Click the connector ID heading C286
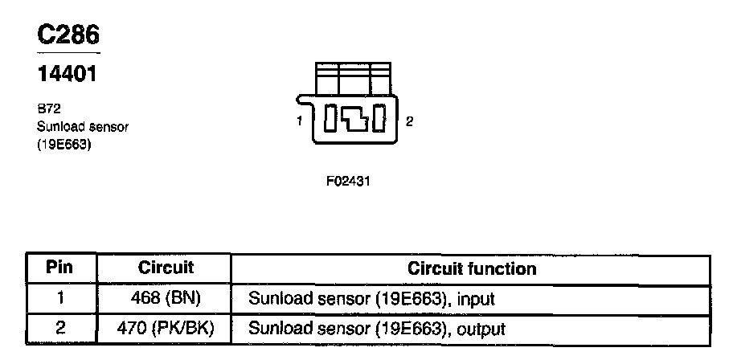[69, 35]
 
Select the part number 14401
[68, 75]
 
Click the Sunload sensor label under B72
[83, 126]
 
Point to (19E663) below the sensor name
[63, 145]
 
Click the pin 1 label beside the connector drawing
[298, 121]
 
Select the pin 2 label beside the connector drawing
[409, 121]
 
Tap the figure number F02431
[347, 182]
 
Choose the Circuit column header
[166, 268]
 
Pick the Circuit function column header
[472, 268]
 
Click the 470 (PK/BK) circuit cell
[166, 329]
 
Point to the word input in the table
[474, 300]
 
